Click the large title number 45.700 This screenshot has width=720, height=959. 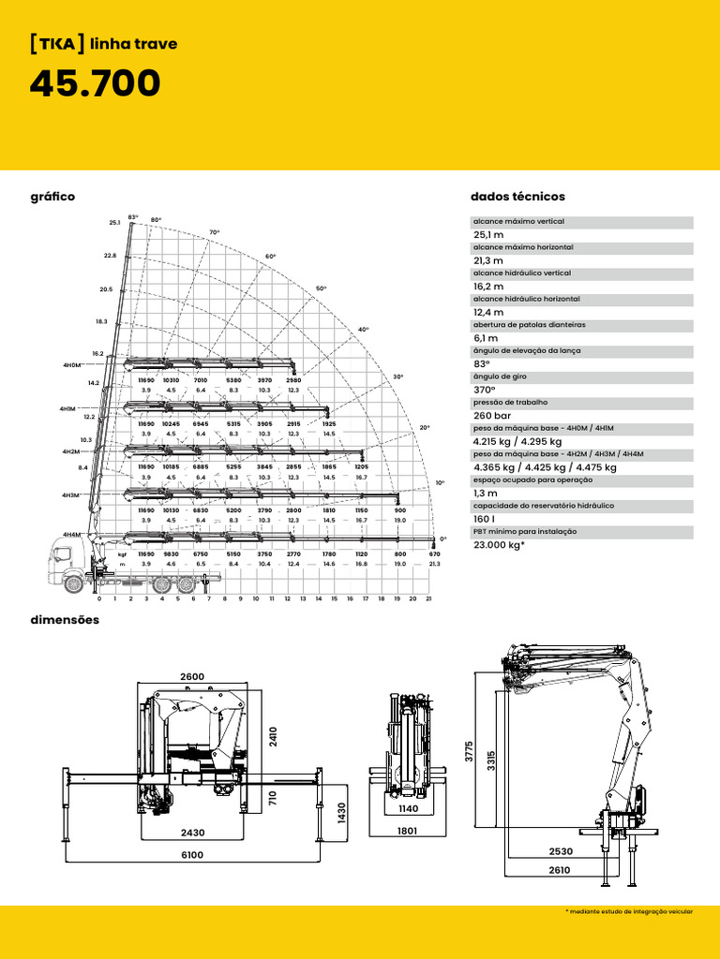click(x=95, y=84)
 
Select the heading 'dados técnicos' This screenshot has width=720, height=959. click(x=517, y=197)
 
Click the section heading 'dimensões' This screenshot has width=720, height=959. click(x=65, y=620)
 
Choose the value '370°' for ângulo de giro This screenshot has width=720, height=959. click(x=485, y=390)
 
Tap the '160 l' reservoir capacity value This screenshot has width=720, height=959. click(x=485, y=519)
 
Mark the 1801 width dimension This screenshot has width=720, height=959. click(x=407, y=830)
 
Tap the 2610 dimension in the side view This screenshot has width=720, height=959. click(x=560, y=870)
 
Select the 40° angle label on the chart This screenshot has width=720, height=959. click(x=364, y=330)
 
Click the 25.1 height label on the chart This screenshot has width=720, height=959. click(x=114, y=223)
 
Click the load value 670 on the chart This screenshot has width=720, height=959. click(x=434, y=554)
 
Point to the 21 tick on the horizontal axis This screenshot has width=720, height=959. click(x=427, y=598)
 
